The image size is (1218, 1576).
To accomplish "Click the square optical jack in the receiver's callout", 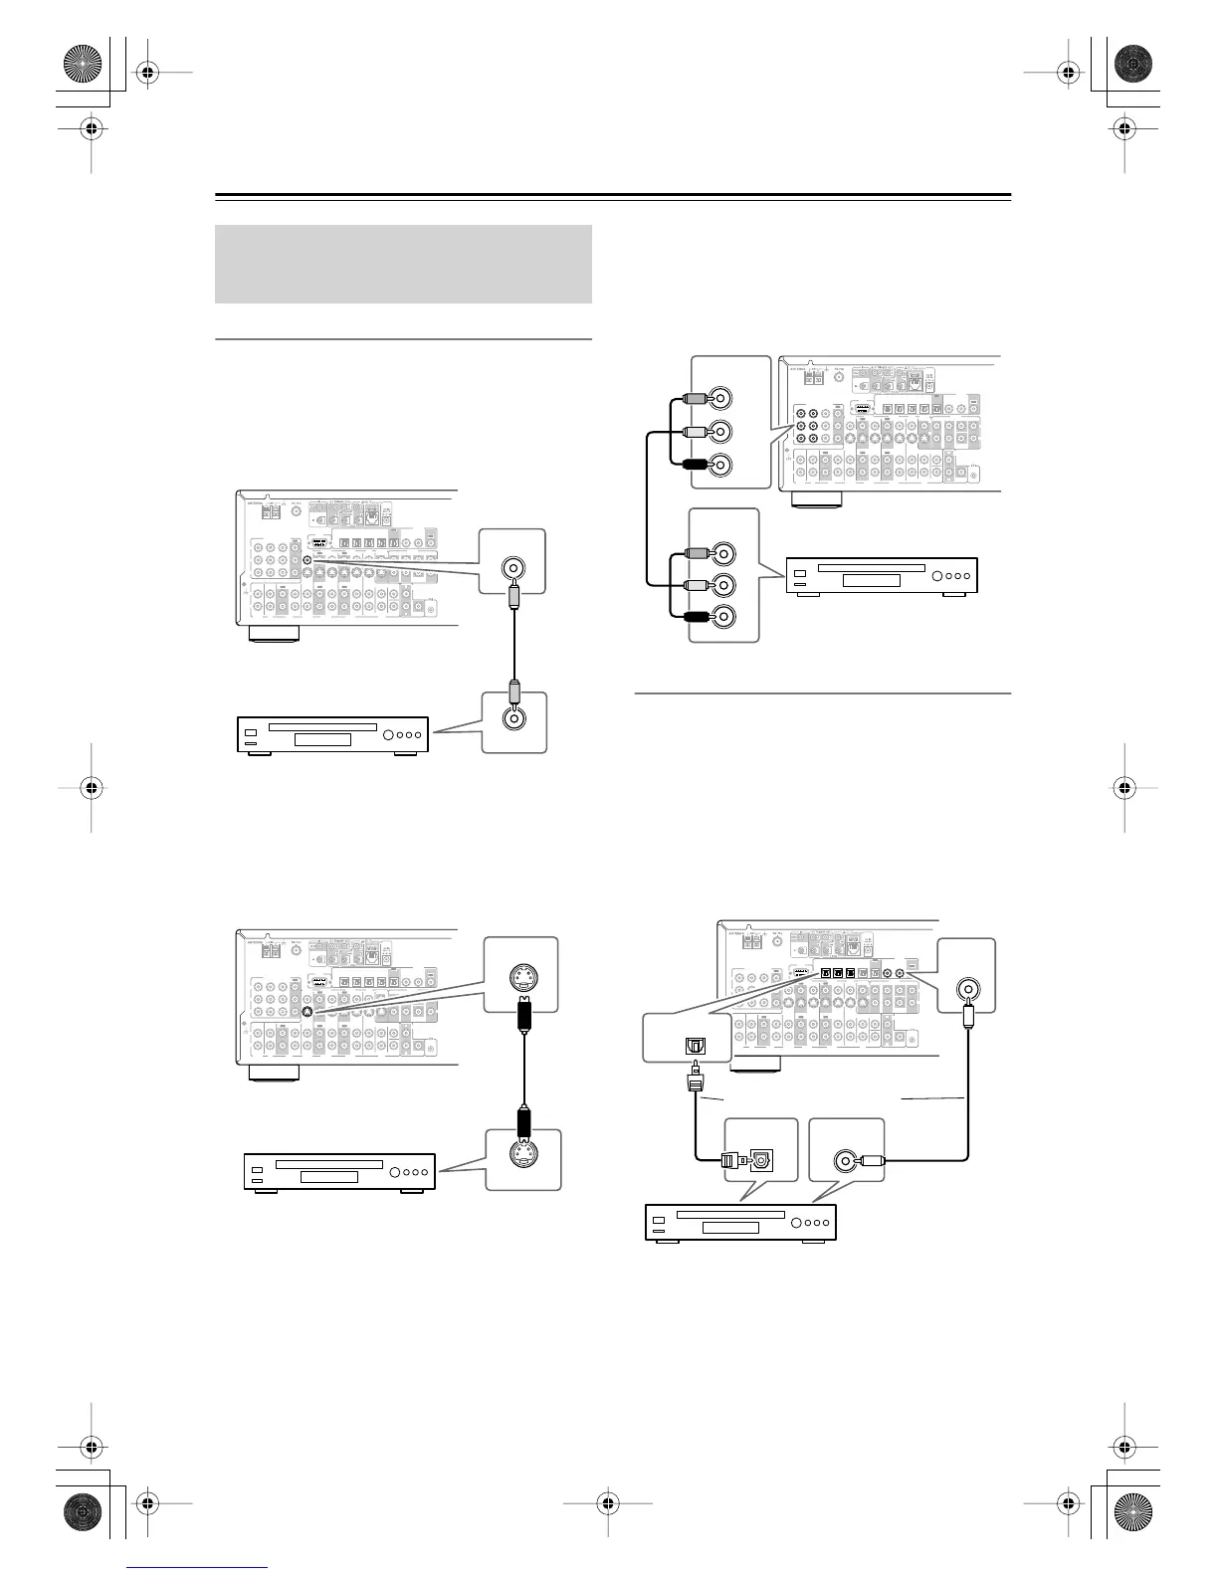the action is click(691, 1046).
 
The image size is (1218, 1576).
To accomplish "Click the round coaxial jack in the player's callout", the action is click(846, 1160).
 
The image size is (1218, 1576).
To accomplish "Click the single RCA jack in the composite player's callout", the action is click(513, 718).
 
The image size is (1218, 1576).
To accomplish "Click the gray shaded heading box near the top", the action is click(403, 264).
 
